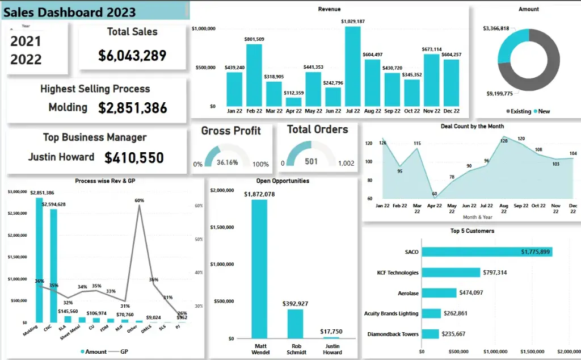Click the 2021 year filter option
click(x=26, y=41)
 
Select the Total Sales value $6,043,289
click(x=132, y=55)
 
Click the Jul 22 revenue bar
click(x=352, y=66)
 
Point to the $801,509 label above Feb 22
click(x=254, y=39)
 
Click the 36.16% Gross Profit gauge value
click(x=227, y=162)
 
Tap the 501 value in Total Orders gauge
click(x=311, y=162)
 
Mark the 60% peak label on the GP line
click(x=139, y=200)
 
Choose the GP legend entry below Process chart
click(x=121, y=352)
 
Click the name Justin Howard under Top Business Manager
click(x=61, y=157)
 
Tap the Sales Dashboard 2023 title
click(x=70, y=11)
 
